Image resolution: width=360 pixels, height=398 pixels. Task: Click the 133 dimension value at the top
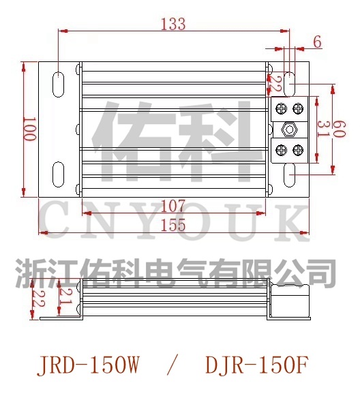pyautogui.click(x=173, y=24)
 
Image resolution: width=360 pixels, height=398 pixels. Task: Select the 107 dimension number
pyautogui.click(x=174, y=204)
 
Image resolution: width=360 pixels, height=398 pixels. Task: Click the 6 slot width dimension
pyautogui.click(x=318, y=42)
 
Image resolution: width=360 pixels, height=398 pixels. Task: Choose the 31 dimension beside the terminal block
pyautogui.click(x=325, y=129)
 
